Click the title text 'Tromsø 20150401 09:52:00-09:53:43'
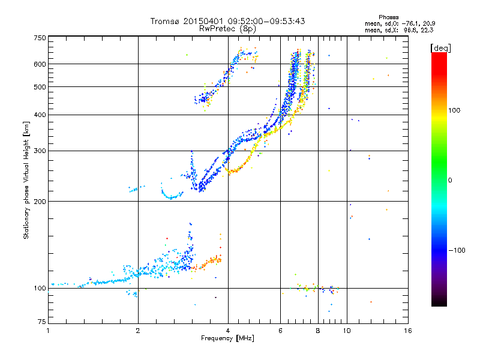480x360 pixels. click(x=227, y=21)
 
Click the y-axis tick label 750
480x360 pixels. click(x=40, y=38)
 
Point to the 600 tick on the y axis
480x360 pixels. click(x=40, y=64)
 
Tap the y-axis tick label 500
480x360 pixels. click(x=40, y=86)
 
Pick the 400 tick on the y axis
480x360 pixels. click(x=40, y=115)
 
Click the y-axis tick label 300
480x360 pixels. click(x=40, y=151)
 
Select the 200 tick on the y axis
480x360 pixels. click(x=40, y=201)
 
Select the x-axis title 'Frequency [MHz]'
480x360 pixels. click(x=227, y=339)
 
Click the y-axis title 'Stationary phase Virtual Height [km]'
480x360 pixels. click(x=27, y=180)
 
